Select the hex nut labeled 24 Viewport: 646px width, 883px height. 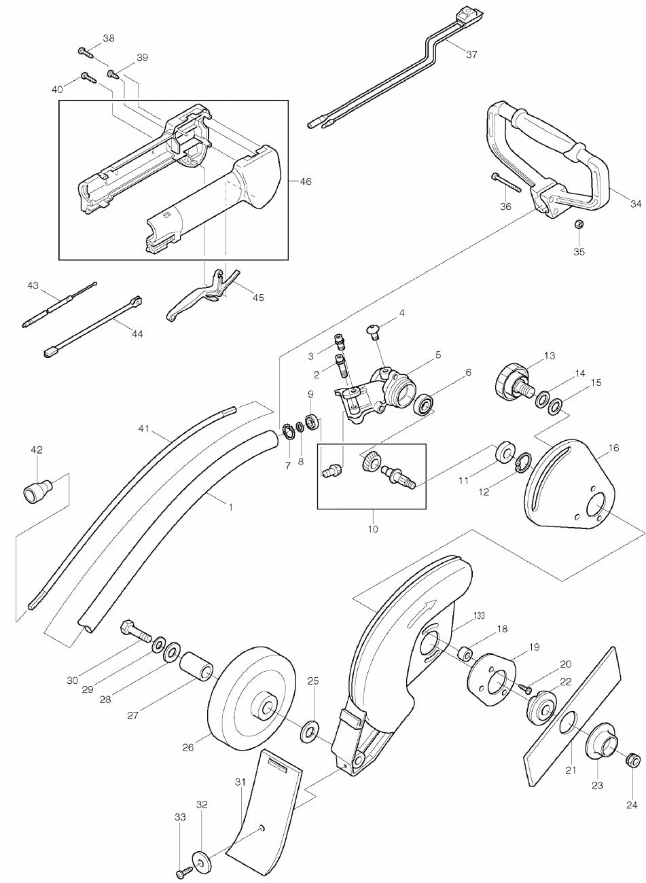click(x=632, y=758)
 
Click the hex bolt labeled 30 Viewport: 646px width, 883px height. click(x=135, y=630)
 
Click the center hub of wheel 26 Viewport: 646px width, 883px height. click(x=263, y=707)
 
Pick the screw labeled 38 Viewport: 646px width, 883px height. click(x=84, y=50)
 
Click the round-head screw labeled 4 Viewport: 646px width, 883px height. click(x=373, y=330)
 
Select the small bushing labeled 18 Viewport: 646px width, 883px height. click(x=465, y=654)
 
